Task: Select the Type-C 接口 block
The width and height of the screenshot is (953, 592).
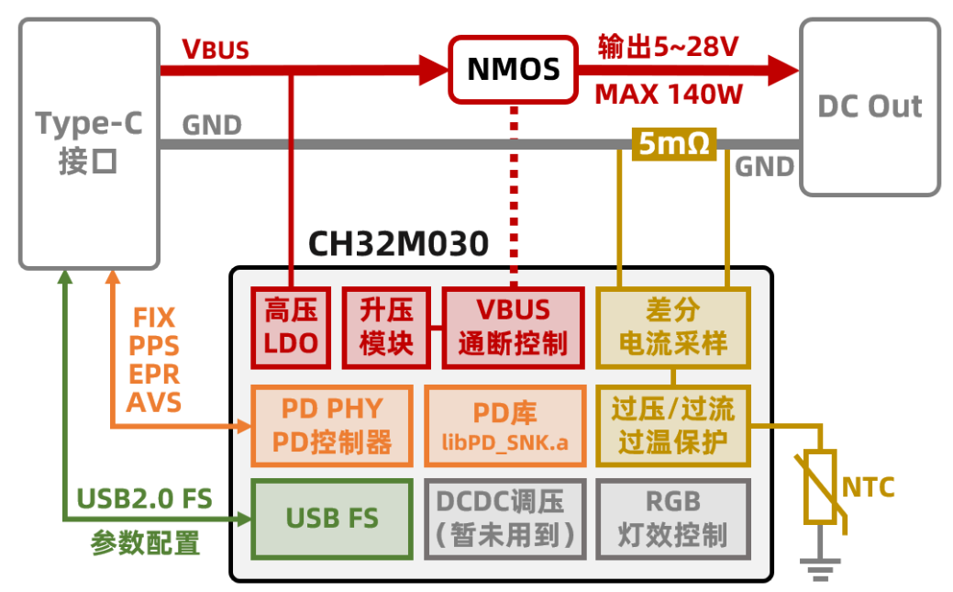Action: click(x=88, y=143)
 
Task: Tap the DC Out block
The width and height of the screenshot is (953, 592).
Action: click(x=870, y=106)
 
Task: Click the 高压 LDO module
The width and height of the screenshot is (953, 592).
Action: click(x=291, y=328)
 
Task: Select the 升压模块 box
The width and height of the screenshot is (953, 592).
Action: click(x=386, y=328)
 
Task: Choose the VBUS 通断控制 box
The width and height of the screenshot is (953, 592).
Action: click(x=513, y=328)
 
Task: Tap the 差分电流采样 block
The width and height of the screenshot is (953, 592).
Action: click(x=673, y=328)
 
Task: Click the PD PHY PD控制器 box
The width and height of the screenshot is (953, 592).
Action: click(x=331, y=426)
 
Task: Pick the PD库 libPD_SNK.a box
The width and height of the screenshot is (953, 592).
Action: click(x=504, y=426)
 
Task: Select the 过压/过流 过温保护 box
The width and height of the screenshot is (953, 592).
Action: click(x=673, y=426)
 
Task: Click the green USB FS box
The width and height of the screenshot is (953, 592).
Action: click(x=331, y=519)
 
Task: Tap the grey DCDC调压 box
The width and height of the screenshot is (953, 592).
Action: click(x=504, y=519)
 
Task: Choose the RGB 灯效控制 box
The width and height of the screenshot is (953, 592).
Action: click(x=673, y=519)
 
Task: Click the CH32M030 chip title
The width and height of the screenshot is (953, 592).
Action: click(x=398, y=244)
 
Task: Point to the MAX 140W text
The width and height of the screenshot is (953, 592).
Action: click(x=669, y=95)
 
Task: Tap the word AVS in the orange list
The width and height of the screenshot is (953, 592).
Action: click(x=154, y=402)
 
